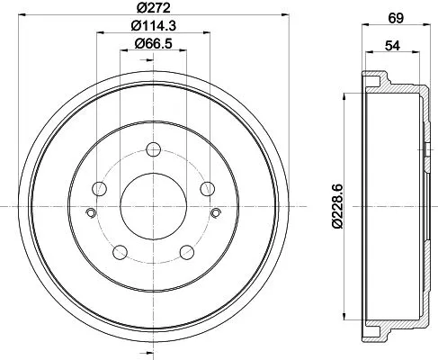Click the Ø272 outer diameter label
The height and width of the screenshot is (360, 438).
(x=154, y=7)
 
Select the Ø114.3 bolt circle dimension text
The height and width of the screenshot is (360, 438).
(x=153, y=26)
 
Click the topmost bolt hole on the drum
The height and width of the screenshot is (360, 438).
(x=154, y=149)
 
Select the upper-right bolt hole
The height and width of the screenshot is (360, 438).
(x=208, y=188)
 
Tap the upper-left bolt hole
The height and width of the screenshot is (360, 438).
(x=100, y=188)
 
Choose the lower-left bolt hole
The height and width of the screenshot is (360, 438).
(x=121, y=251)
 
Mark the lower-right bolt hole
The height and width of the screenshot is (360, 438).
(x=187, y=251)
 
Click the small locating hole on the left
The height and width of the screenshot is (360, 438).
(x=91, y=213)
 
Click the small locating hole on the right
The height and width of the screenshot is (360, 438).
(x=217, y=213)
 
